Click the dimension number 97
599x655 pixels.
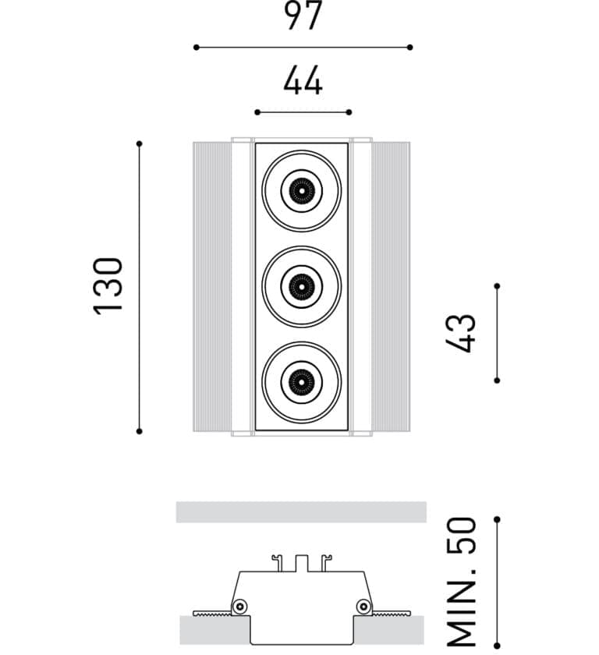303,16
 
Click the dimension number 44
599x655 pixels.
303,81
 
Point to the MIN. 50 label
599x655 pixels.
463,581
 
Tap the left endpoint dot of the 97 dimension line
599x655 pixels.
196,48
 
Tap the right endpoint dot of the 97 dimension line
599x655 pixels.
410,48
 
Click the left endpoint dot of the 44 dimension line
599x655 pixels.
257,112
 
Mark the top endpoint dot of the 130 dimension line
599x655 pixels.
140,143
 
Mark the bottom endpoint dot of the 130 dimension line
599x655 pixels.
140,430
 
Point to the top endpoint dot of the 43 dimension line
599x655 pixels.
497,286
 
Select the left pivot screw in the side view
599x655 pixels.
241,606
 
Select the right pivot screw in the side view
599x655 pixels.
363,606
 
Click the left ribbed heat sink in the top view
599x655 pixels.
212,287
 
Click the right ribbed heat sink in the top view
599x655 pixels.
391,287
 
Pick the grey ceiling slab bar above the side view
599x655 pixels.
301,512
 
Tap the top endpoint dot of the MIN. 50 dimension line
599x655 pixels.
497,519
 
